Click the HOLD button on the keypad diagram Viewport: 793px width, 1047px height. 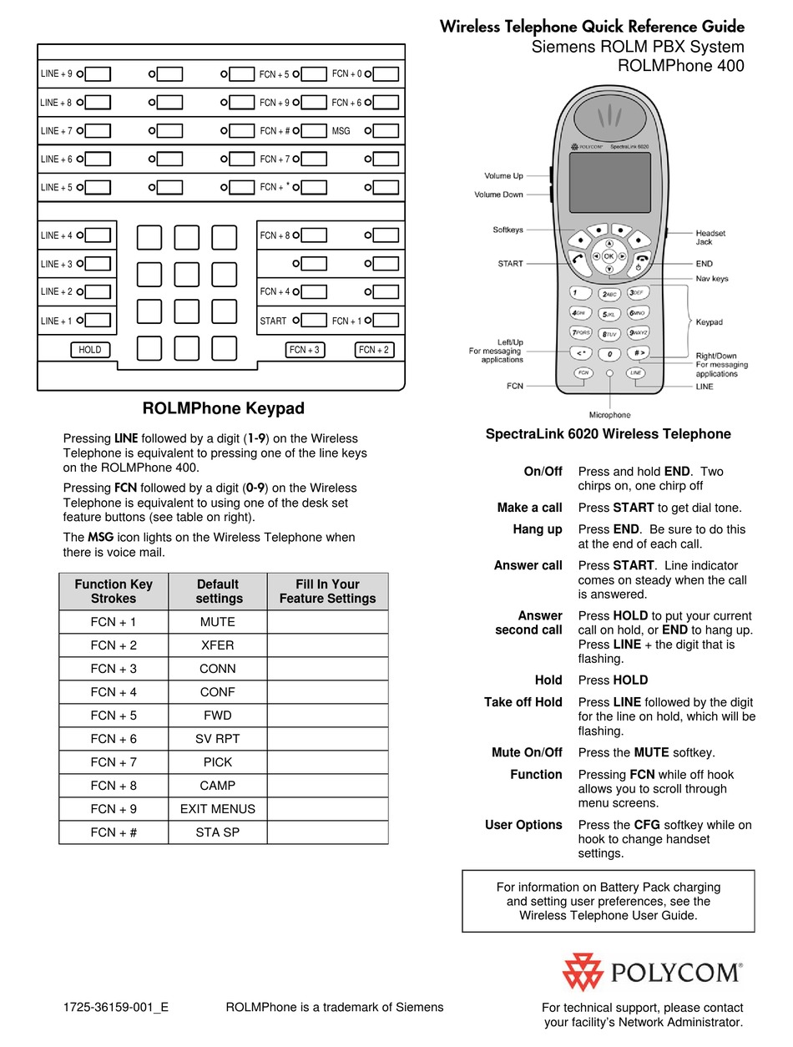89,350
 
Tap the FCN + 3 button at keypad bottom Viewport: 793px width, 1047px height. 305,350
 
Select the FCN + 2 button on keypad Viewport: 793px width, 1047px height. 374,350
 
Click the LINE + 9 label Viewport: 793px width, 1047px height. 56,74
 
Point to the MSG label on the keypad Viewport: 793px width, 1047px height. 341,131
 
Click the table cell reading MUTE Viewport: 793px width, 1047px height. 218,622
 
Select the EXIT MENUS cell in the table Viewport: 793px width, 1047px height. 218,809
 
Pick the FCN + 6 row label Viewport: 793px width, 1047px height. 114,739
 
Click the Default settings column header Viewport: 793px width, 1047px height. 218,591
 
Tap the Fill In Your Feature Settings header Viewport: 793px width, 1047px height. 327,591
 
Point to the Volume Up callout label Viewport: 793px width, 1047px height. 503,176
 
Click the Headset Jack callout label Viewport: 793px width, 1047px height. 710,237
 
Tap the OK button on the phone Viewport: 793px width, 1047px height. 609,255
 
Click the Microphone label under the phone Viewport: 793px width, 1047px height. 609,415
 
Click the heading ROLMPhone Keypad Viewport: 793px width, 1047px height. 224,408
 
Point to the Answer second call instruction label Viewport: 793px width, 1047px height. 530,623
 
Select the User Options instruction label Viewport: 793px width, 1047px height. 523,825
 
